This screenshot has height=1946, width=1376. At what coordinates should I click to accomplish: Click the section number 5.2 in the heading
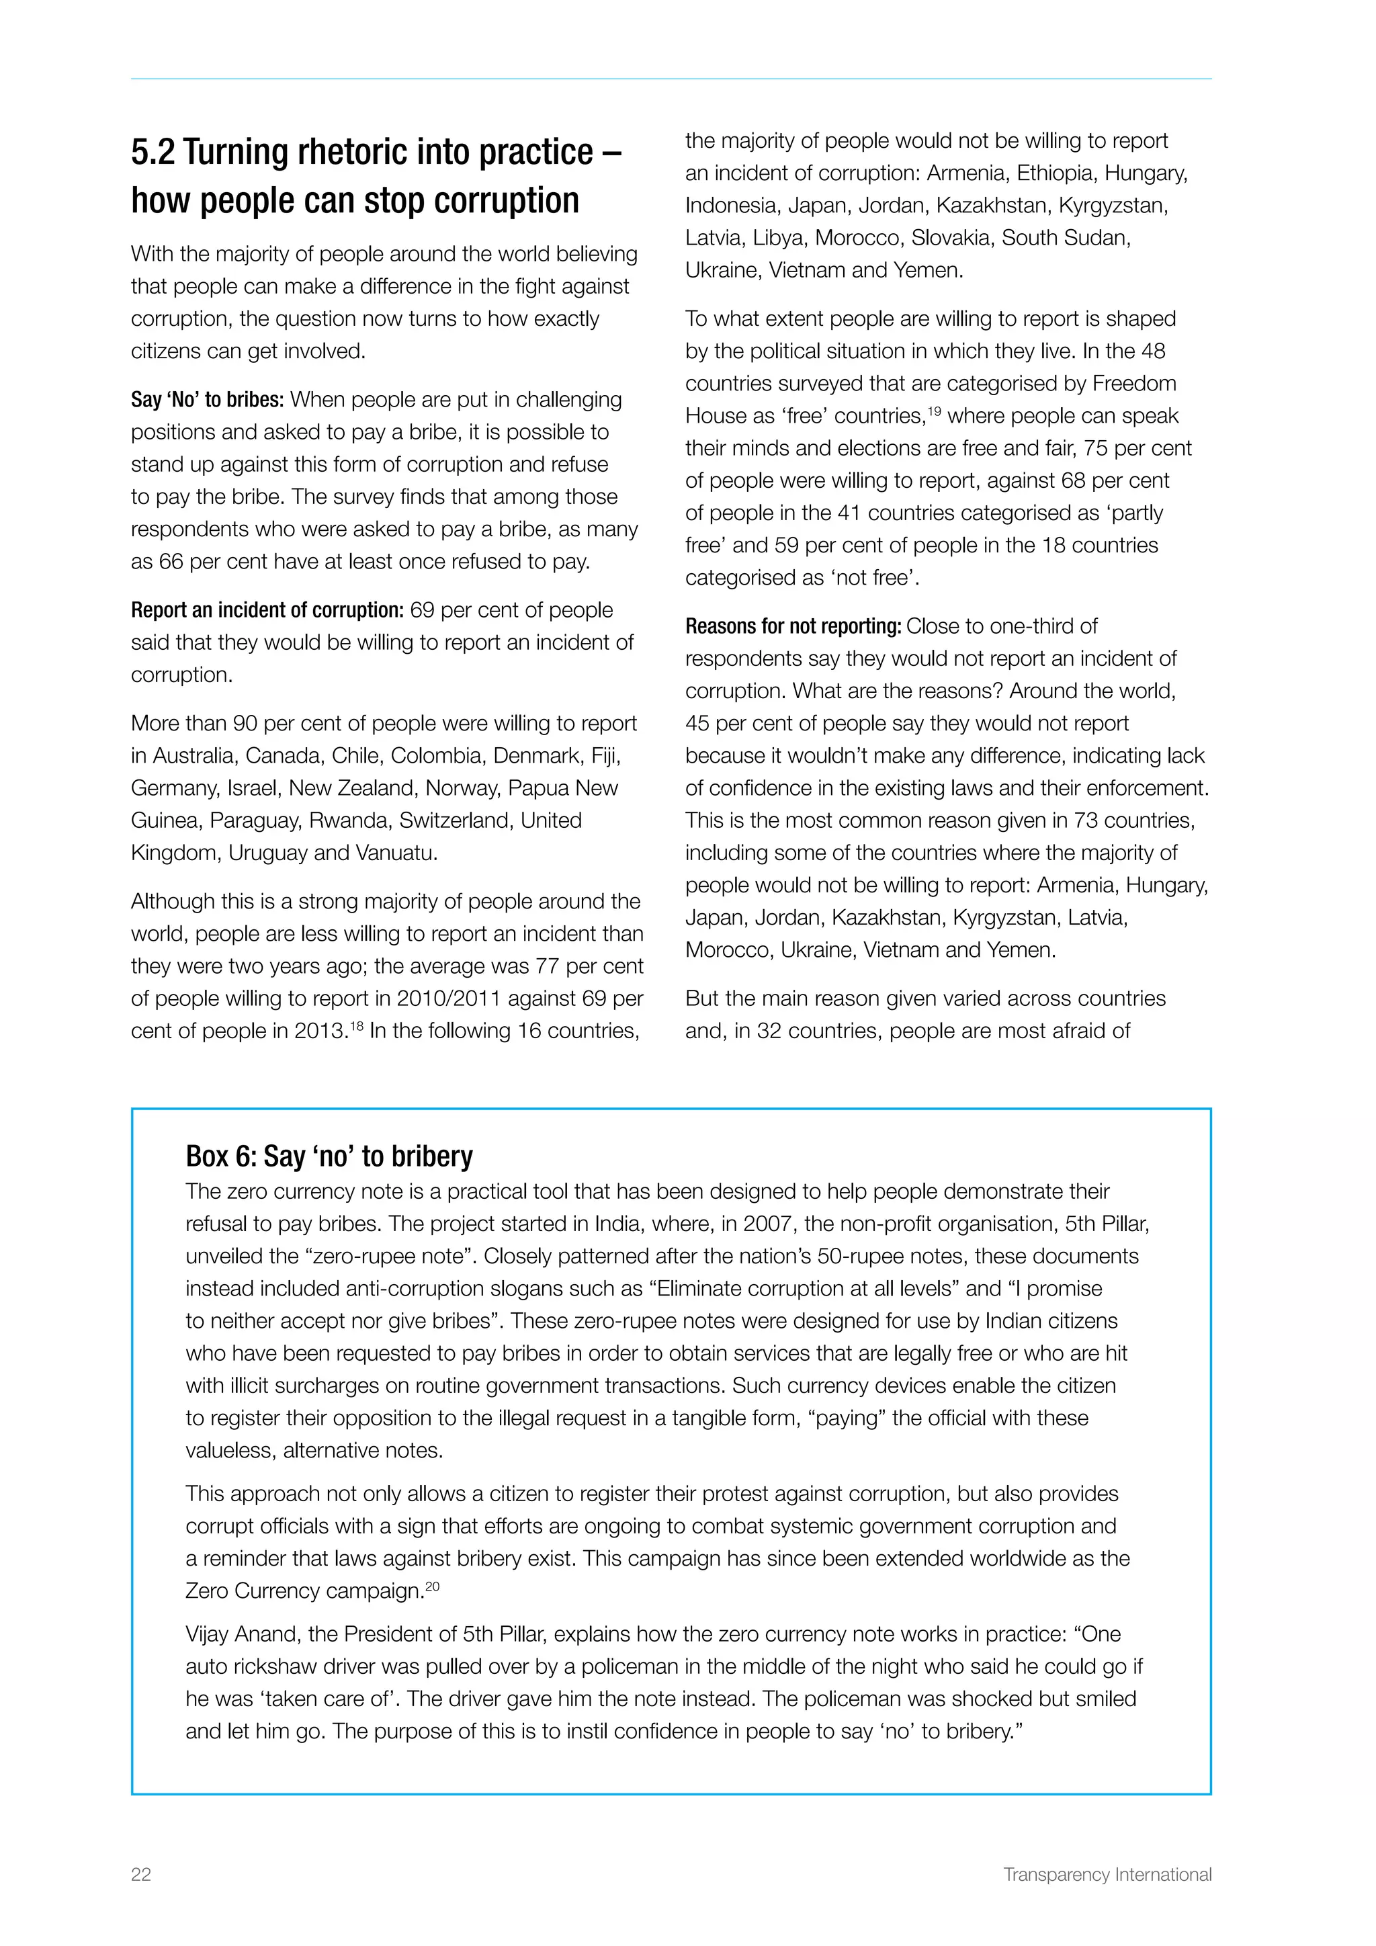tap(153, 153)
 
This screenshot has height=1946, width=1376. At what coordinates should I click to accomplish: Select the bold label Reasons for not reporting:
tap(792, 626)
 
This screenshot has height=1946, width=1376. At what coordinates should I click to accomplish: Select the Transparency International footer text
tap(1107, 1874)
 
